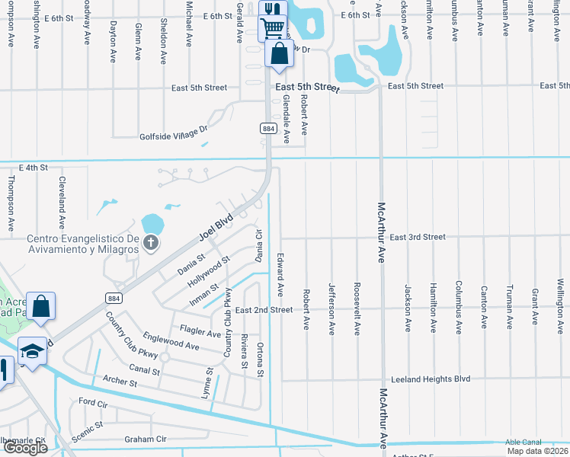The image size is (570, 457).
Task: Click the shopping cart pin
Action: click(x=272, y=28)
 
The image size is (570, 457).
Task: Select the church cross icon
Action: click(x=151, y=243)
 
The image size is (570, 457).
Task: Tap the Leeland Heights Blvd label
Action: click(x=430, y=379)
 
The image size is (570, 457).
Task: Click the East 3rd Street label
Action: click(x=417, y=237)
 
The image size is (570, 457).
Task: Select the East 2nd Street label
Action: click(x=264, y=310)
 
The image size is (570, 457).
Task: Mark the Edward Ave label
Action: click(x=280, y=274)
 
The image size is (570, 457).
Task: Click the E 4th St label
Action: click(x=33, y=167)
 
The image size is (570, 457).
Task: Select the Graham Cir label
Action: click(x=145, y=439)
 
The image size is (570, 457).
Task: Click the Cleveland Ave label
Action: click(x=62, y=203)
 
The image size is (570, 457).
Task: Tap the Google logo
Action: click(x=25, y=448)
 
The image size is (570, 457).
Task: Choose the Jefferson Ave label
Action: click(x=331, y=308)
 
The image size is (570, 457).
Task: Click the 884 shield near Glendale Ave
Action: click(x=267, y=128)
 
